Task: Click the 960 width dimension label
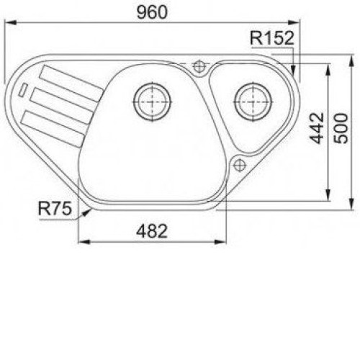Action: pyautogui.click(x=152, y=12)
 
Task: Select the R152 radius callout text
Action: pyautogui.click(x=272, y=38)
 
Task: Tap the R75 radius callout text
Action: pyautogui.click(x=55, y=208)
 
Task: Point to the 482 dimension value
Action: pyautogui.click(x=152, y=231)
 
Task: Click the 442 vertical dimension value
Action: pyautogui.click(x=317, y=128)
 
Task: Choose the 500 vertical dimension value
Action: pyautogui.click(x=341, y=129)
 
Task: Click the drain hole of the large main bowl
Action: pyautogui.click(x=152, y=102)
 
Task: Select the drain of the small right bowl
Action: pyautogui.click(x=253, y=102)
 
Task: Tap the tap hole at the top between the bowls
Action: pyautogui.click(x=199, y=66)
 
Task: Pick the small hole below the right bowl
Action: pyautogui.click(x=239, y=165)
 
